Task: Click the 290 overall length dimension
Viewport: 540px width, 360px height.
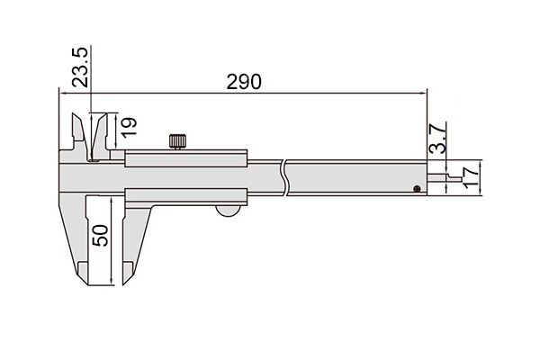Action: coord(244,82)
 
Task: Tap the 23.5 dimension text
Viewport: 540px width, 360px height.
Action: coord(80,67)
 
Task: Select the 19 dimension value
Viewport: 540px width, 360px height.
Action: coord(129,128)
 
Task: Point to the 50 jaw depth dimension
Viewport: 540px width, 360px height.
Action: coord(101,235)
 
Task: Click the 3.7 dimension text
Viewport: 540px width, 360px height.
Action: coord(438,139)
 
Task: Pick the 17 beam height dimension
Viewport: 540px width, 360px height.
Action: coord(471,177)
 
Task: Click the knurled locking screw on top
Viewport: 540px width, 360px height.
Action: coord(177,141)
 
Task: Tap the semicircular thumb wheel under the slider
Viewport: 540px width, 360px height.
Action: coord(228,211)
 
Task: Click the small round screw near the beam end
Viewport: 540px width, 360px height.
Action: coord(417,188)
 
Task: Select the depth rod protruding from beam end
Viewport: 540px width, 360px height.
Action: coord(445,177)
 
